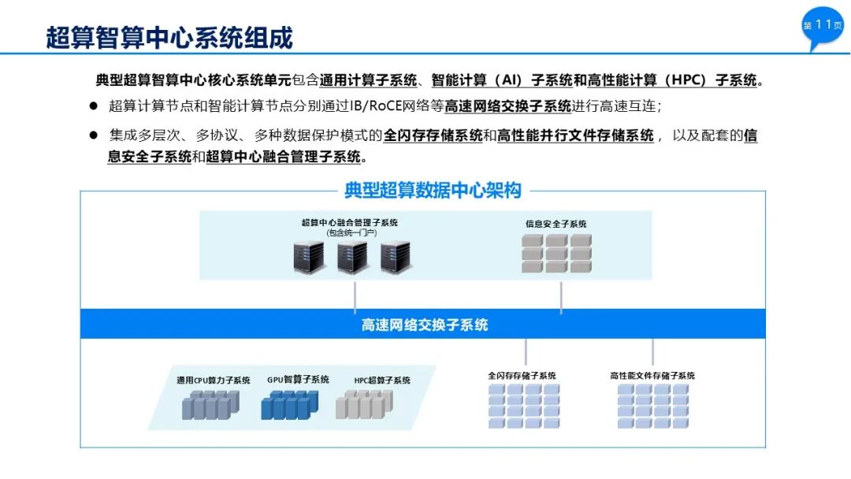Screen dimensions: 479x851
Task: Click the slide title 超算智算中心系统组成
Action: pyautogui.click(x=169, y=37)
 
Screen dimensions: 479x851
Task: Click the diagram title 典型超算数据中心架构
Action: pyautogui.click(x=433, y=190)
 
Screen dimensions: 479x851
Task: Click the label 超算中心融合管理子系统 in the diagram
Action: pyautogui.click(x=350, y=223)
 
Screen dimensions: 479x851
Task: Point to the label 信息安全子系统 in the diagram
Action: pyautogui.click(x=556, y=224)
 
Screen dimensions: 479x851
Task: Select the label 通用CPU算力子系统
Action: pyautogui.click(x=214, y=381)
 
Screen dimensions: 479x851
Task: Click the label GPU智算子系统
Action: pyautogui.click(x=298, y=380)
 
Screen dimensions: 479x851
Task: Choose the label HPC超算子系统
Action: pyautogui.click(x=382, y=381)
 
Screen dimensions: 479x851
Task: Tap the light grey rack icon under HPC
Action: pyautogui.click(x=363, y=405)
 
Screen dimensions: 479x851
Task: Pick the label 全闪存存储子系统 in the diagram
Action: pyautogui.click(x=522, y=376)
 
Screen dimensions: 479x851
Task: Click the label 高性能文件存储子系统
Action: pyautogui.click(x=652, y=376)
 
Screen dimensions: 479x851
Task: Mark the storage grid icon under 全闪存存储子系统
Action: pyautogui.click(x=524, y=406)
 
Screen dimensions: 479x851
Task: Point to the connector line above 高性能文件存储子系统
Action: pyautogui.click(x=652, y=351)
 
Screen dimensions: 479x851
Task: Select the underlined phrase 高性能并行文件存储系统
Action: pyautogui.click(x=575, y=136)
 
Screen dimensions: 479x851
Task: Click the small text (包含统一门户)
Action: pyautogui.click(x=351, y=233)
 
